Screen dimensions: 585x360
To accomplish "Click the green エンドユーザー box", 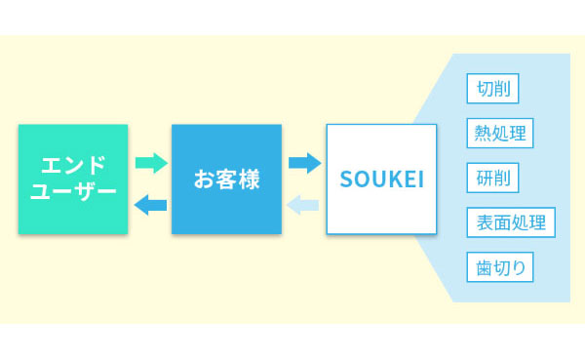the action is point(73,180).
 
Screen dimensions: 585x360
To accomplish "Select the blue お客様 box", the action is point(226,180).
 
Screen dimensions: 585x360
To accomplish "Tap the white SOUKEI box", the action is point(381,180).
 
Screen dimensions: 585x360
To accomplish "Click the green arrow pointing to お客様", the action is point(151,163).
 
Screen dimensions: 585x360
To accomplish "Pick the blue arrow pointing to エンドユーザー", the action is point(150,205).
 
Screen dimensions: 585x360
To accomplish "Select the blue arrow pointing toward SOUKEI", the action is point(305,163).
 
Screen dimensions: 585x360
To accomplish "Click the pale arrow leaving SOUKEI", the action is point(302,205).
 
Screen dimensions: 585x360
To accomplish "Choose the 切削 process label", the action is point(492,89).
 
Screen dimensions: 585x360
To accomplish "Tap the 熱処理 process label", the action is point(500,134).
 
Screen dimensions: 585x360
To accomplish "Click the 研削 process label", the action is point(492,178).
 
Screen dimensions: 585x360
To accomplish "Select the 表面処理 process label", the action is point(511,222).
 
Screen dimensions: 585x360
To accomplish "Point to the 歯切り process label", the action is point(500,267).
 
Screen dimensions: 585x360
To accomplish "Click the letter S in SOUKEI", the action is point(346,180).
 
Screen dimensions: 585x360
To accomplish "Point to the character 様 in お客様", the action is point(250,180).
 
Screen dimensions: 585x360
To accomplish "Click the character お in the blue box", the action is point(204,180).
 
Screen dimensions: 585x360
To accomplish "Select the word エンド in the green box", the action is point(73,165).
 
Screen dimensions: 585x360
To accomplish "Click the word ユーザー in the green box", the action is point(73,191).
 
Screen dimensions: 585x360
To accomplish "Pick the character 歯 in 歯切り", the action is point(484,267).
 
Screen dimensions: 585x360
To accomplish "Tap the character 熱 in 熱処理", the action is point(483,134).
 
